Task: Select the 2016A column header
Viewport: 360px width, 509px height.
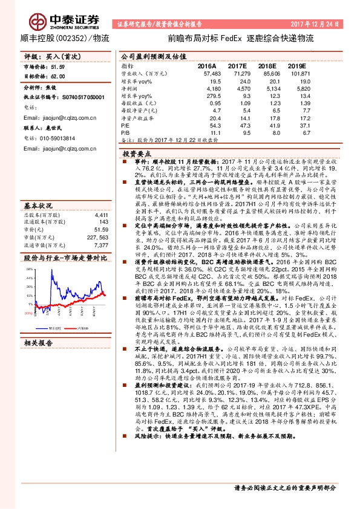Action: click(207, 65)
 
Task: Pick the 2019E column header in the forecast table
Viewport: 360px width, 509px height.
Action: click(297, 65)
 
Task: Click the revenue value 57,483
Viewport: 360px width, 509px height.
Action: click(207, 72)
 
